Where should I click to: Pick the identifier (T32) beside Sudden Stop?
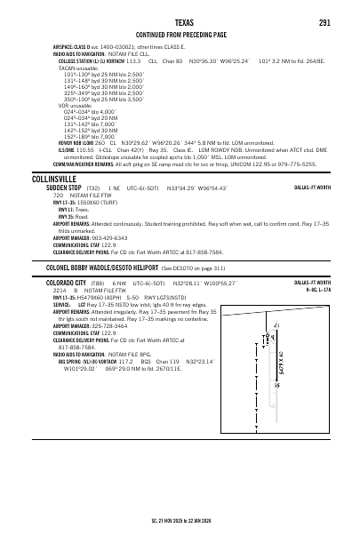[x=92, y=189]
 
